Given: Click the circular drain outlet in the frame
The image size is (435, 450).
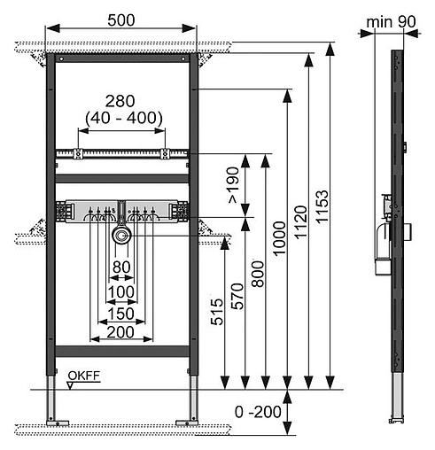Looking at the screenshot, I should pos(120,235).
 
